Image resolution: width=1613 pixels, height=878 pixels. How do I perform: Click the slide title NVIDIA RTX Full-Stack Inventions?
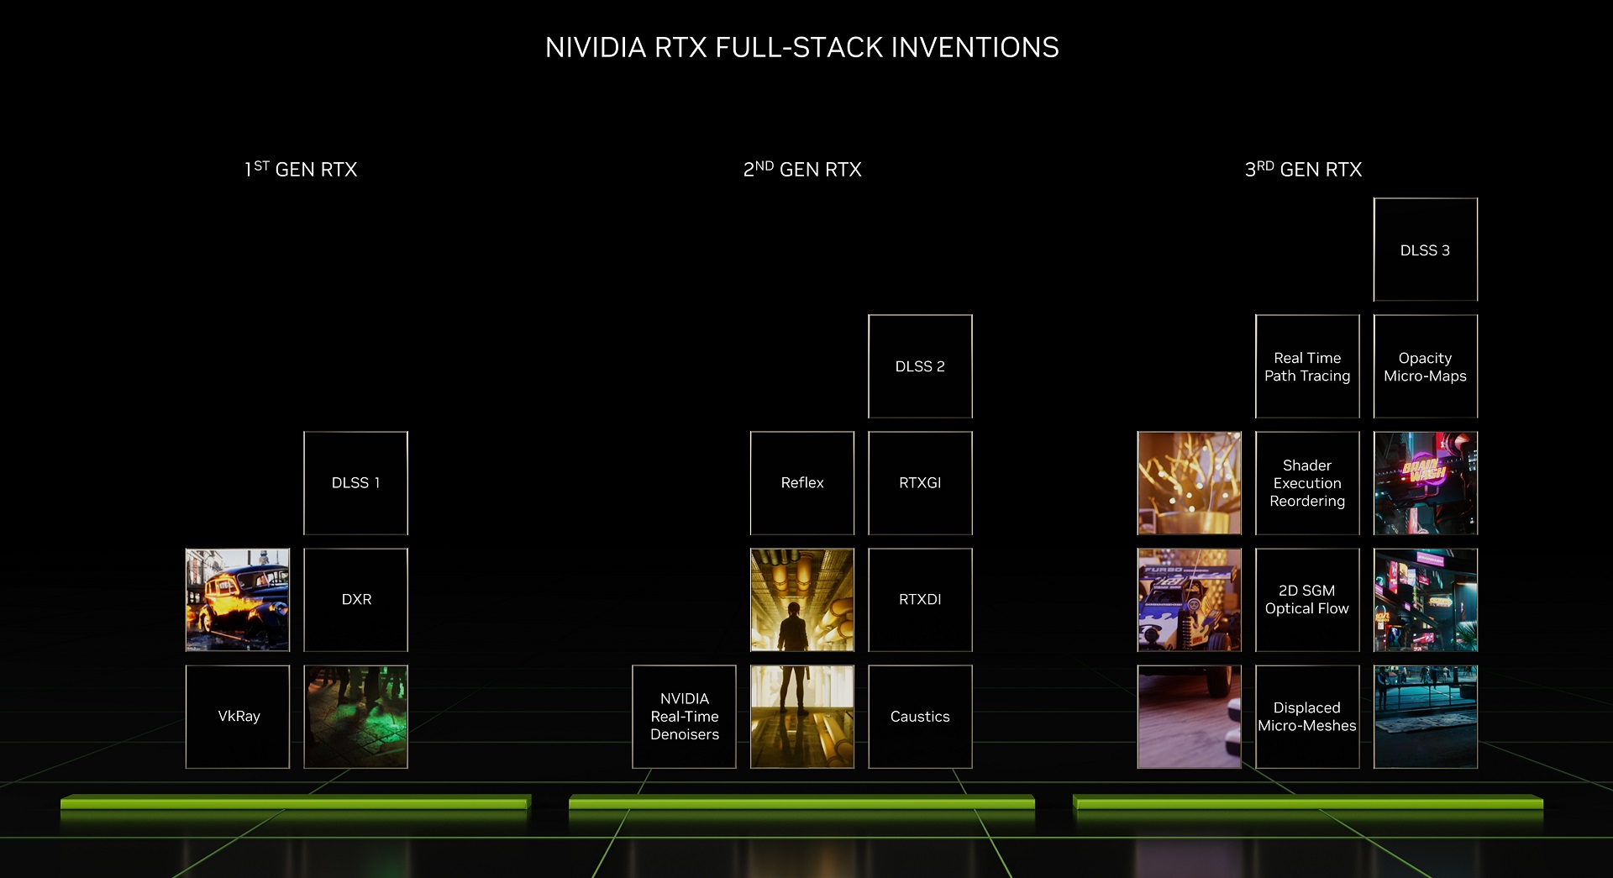coord(802,48)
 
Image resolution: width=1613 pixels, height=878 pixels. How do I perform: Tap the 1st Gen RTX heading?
coord(301,169)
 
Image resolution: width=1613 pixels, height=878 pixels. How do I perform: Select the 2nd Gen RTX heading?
coord(802,169)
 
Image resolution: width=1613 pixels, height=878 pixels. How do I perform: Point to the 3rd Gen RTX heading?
coord(1303,169)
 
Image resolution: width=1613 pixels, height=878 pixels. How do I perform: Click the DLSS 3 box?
coord(1426,250)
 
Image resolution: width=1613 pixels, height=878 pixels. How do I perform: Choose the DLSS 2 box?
coord(920,366)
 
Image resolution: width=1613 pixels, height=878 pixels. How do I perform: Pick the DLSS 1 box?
coord(355,483)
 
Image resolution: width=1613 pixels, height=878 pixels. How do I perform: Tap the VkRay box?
coord(238,717)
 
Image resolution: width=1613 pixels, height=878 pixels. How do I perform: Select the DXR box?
coord(355,600)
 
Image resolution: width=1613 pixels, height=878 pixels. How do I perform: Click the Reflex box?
coord(802,483)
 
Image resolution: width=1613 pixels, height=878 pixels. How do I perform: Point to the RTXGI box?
coord(920,483)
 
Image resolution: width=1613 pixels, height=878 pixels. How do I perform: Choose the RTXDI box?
coord(920,600)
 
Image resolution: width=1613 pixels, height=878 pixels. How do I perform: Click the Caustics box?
coord(920,717)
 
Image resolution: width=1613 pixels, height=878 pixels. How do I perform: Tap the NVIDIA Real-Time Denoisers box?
coord(684,717)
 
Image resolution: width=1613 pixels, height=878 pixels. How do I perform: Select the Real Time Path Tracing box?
coord(1307,366)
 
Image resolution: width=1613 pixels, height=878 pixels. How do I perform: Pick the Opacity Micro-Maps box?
coord(1426,366)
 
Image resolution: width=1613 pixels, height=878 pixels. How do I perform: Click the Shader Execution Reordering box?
coord(1307,483)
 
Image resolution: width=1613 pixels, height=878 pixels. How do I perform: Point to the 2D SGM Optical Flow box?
coord(1307,600)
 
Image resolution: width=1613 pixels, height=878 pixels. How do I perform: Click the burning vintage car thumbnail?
coord(238,600)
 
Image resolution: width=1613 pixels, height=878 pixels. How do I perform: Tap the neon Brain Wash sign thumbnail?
coord(1426,483)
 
